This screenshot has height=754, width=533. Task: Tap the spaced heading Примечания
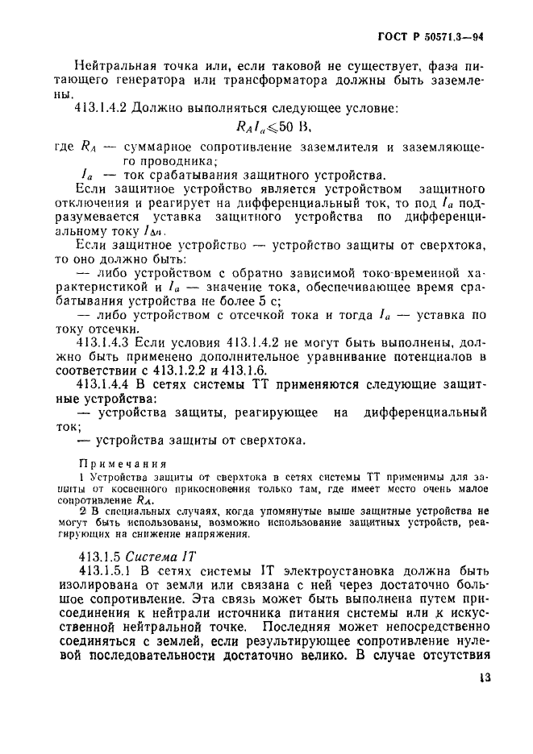[121, 464]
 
